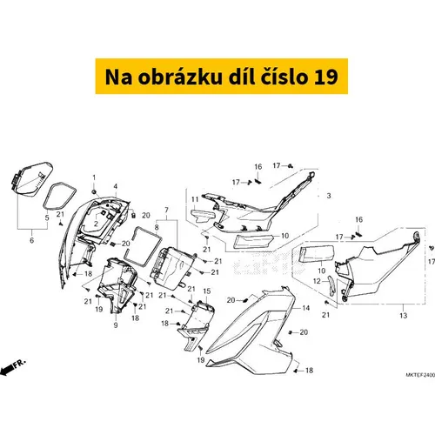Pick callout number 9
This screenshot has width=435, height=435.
pos(116,325)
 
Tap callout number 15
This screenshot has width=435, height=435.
pos(206,290)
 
